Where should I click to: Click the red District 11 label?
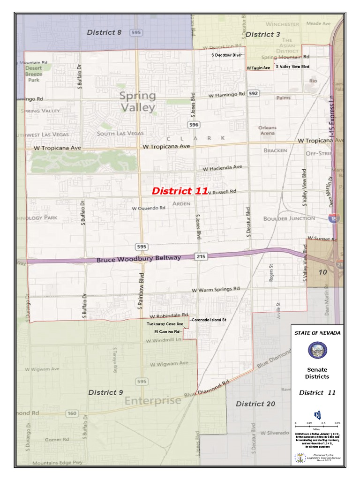coord(180,191)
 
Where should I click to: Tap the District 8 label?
coord(104,32)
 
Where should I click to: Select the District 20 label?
coord(255,404)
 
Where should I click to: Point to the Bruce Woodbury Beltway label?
coord(139,259)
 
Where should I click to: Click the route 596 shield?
coord(194,125)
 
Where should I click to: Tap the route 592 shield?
coord(254,93)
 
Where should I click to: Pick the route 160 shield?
coord(72,413)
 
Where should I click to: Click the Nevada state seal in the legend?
coord(317,350)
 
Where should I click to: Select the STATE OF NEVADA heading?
coord(317,332)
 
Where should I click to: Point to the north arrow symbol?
coord(317,415)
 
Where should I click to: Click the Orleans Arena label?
coord(267,130)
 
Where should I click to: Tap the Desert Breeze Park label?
coord(34,74)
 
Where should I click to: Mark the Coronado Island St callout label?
coord(209,320)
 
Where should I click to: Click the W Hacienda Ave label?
coord(222,167)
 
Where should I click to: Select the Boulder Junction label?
coord(289,218)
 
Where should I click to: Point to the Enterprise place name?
coord(153,401)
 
